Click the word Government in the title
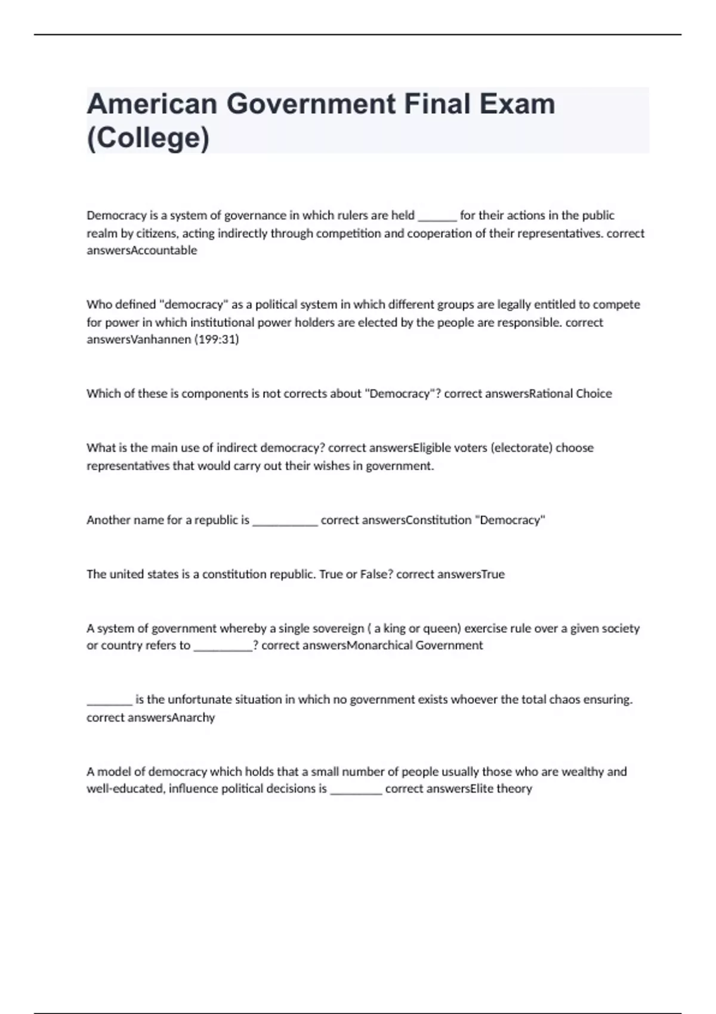click(x=310, y=104)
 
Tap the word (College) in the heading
click(x=148, y=138)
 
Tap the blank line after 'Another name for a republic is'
click(x=285, y=520)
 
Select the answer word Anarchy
click(x=193, y=718)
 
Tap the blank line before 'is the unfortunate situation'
click(x=109, y=700)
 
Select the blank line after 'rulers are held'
click(x=437, y=216)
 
